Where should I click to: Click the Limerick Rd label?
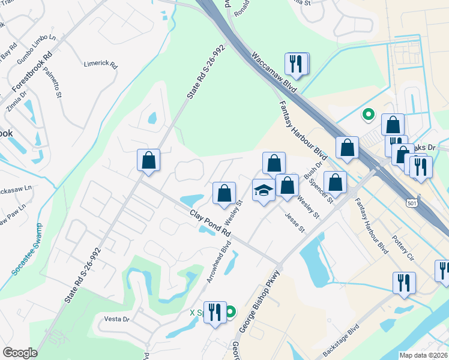101,65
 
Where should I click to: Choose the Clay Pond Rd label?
210,222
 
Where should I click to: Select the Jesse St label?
295,223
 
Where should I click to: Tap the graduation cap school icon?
264,190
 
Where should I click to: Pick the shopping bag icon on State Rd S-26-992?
148,160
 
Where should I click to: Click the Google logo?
20,353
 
